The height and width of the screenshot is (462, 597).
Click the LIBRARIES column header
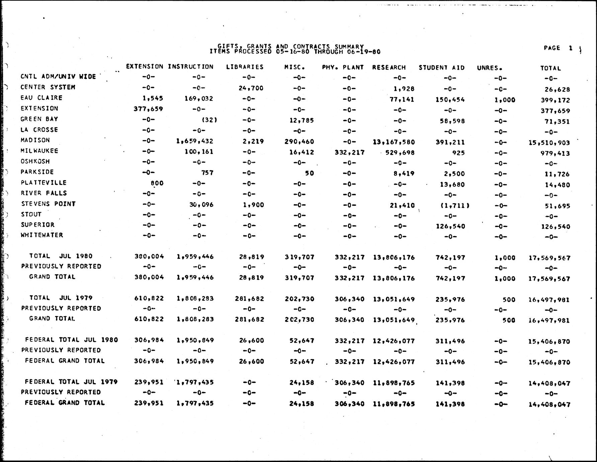pyautogui.click(x=245, y=67)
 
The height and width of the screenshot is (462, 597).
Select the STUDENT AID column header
pyautogui.click(x=441, y=68)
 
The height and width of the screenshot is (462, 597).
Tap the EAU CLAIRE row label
pyautogui.click(x=41, y=98)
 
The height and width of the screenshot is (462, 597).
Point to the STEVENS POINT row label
pyautogui.click(x=49, y=204)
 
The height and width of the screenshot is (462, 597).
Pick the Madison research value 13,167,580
pyautogui.click(x=394, y=142)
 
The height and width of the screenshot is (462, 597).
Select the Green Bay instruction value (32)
pyautogui.click(x=209, y=120)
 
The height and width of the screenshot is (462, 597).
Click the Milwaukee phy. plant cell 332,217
pyautogui.click(x=349, y=153)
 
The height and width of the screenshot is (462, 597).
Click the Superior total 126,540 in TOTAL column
pyautogui.click(x=555, y=227)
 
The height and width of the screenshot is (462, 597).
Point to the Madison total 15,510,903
pyautogui.click(x=549, y=143)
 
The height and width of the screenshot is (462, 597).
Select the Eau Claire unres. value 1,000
pyautogui.click(x=505, y=100)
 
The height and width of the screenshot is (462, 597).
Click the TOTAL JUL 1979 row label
pyautogui.click(x=61, y=298)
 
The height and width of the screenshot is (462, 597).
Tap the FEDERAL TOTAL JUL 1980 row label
pyautogui.click(x=71, y=340)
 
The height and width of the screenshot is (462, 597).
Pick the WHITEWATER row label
pyautogui.click(x=42, y=235)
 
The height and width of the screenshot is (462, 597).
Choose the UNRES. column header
pyautogui.click(x=490, y=68)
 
